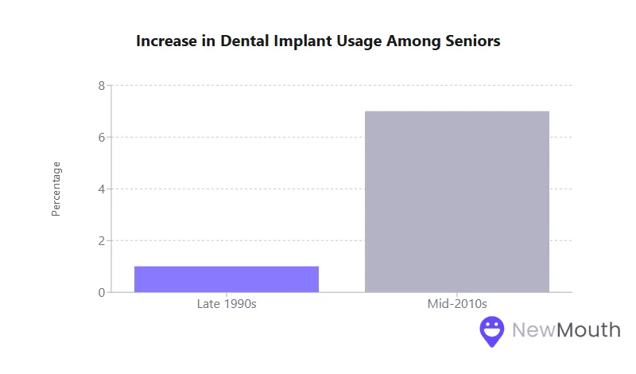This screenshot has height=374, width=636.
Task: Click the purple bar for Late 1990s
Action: [227, 279]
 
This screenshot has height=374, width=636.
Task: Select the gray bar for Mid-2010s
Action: [457, 202]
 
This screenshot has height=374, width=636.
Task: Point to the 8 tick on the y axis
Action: [102, 85]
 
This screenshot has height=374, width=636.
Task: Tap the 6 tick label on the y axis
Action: [102, 137]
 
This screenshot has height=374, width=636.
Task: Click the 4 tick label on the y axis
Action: [102, 189]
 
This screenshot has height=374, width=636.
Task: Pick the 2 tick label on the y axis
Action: [102, 240]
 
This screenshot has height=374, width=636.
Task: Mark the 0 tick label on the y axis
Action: [102, 292]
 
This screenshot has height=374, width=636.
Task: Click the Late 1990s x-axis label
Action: [227, 304]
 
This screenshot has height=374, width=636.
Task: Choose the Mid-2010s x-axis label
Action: [457, 304]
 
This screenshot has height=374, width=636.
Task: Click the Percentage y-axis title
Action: [56, 189]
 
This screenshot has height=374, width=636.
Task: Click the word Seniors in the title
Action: [472, 41]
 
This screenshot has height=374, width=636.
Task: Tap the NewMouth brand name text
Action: [565, 329]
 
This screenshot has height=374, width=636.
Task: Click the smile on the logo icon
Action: [492, 331]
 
